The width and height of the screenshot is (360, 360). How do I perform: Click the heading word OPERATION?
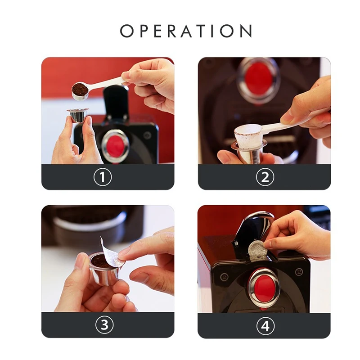click(x=186, y=31)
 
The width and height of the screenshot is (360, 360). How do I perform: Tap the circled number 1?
click(x=102, y=177)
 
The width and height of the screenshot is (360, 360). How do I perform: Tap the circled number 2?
click(x=265, y=177)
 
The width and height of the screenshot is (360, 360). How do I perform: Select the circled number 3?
click(x=104, y=325)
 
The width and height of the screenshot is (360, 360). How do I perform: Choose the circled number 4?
click(x=265, y=326)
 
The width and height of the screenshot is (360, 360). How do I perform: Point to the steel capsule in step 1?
click(x=77, y=116)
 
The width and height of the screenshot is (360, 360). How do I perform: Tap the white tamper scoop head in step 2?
click(x=247, y=135)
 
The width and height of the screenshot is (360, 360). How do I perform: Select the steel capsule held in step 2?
click(x=248, y=153)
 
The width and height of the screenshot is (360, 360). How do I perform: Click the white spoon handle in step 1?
click(x=108, y=84)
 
